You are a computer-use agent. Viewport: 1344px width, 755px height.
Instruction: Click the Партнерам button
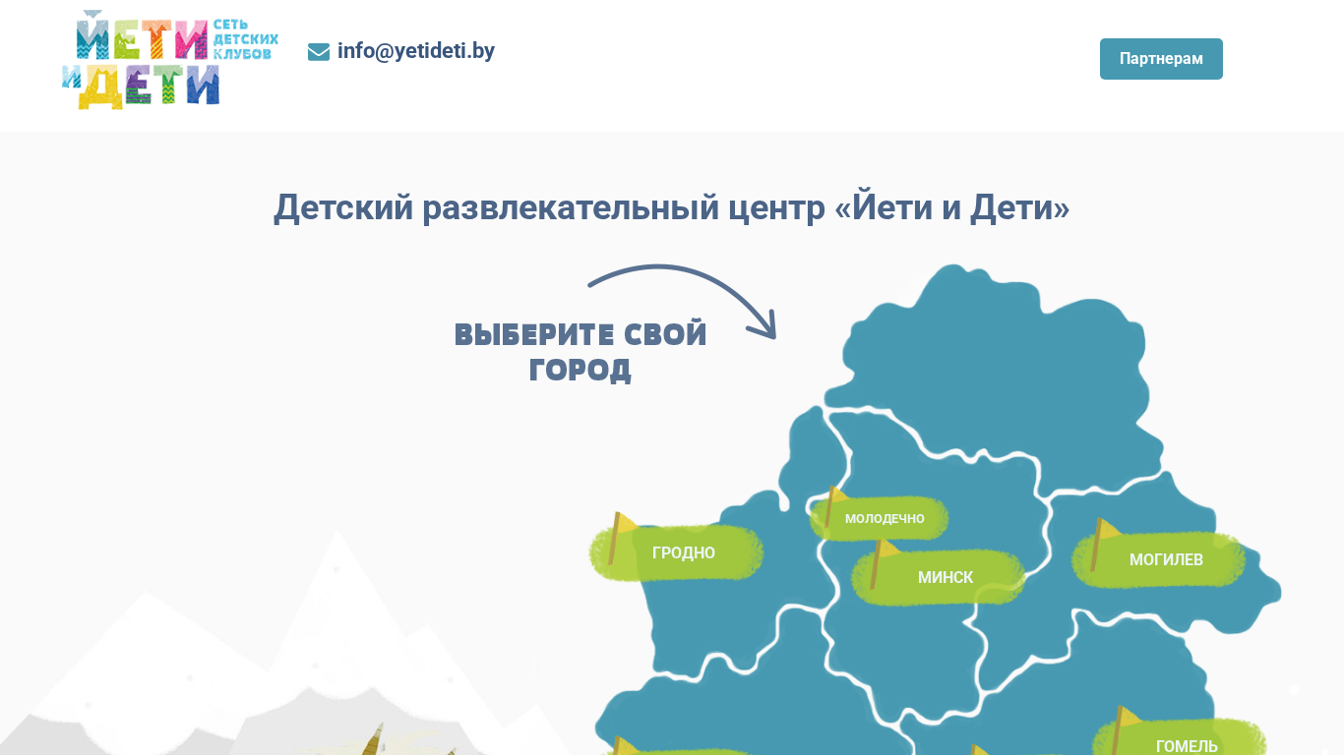click(x=1161, y=59)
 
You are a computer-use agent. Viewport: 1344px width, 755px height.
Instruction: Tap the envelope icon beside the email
click(x=319, y=52)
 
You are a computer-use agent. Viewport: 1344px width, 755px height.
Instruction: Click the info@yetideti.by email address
click(x=416, y=51)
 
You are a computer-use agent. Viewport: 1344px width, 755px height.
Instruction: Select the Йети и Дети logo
click(x=170, y=59)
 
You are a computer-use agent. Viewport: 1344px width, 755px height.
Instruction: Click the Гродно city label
click(x=684, y=552)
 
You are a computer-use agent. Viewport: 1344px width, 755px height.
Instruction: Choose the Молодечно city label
click(x=885, y=518)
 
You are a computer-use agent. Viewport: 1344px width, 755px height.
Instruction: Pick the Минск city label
click(x=945, y=577)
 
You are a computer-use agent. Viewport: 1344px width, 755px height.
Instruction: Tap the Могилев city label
click(x=1166, y=559)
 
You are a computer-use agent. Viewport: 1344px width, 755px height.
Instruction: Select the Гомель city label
click(x=1187, y=746)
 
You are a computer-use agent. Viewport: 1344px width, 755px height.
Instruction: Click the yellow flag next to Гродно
click(x=621, y=537)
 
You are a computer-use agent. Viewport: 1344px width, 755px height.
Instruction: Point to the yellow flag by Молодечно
click(x=833, y=505)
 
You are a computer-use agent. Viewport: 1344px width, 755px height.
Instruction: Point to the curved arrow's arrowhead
click(x=766, y=328)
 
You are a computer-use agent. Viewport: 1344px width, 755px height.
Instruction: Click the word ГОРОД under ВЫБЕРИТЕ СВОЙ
click(x=580, y=370)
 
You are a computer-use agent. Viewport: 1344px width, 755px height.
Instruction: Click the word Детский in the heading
click(x=343, y=208)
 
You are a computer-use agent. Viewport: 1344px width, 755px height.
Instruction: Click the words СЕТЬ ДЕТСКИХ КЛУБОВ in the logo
click(x=245, y=39)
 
